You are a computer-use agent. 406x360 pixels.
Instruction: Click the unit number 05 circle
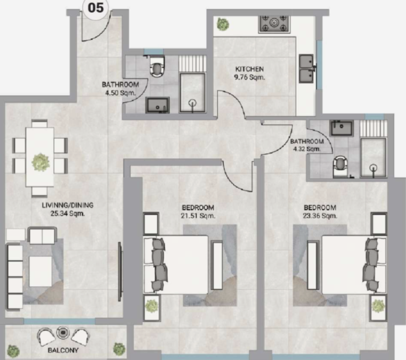95,8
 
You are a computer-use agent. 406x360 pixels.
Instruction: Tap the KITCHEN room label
249,69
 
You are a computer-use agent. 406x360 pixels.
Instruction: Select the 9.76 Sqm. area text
249,77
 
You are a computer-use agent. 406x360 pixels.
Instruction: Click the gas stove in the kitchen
274,24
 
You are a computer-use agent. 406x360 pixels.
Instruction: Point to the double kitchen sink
307,69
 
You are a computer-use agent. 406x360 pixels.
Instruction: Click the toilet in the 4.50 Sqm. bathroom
157,67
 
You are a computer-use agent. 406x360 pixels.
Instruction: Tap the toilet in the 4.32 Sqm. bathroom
340,166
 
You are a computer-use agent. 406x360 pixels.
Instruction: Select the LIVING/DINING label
68,205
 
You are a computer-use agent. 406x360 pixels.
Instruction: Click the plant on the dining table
40,162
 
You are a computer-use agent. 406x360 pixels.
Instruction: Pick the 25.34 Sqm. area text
68,214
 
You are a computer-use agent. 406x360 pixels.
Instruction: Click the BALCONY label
63,350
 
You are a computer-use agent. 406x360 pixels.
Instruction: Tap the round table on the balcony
63,332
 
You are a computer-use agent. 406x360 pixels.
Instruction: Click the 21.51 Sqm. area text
198,216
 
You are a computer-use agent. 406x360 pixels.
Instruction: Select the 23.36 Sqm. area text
320,216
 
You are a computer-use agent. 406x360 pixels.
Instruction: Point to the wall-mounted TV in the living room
120,272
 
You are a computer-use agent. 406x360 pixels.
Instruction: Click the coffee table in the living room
40,271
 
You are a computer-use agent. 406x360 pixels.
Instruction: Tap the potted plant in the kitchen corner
223,24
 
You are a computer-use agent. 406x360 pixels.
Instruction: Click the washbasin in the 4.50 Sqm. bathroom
157,105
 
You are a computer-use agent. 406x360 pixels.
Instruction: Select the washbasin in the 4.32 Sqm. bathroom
342,128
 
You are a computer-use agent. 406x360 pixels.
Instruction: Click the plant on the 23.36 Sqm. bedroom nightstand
378,306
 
